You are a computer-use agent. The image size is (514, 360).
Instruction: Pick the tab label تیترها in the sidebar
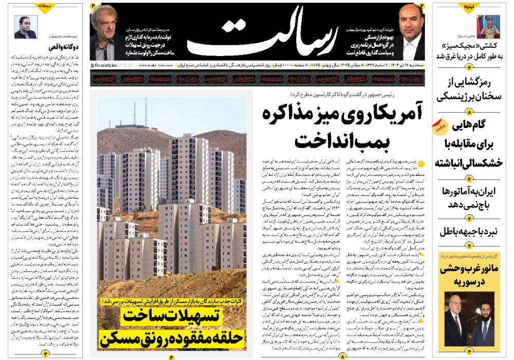pos(468,6)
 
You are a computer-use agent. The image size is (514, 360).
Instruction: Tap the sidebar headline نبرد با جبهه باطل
pos(469,231)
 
